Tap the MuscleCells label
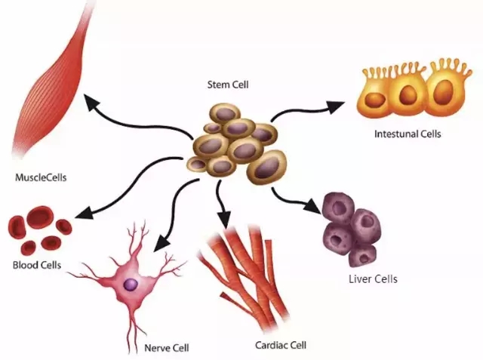[x=41, y=178]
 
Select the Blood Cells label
[x=36, y=265]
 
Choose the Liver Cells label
[x=372, y=278]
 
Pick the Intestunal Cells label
[x=407, y=134]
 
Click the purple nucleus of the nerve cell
[x=131, y=285]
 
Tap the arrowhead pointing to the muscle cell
[x=91, y=103]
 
